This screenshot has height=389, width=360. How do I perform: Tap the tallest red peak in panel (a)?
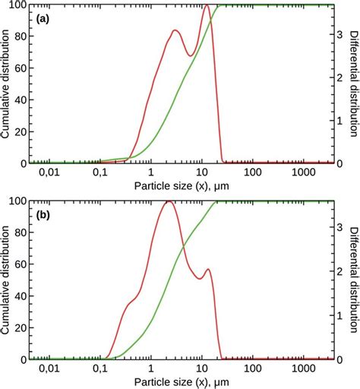[x=207, y=6]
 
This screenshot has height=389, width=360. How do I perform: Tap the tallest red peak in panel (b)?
[x=169, y=201]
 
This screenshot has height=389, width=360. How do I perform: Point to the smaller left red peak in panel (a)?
[x=175, y=30]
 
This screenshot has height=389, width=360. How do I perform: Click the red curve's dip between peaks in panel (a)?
[x=191, y=55]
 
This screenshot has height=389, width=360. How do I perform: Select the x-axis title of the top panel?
[x=180, y=185]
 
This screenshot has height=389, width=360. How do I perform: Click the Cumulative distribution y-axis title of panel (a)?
[x=7, y=84]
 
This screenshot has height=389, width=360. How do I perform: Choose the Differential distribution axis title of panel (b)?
[x=353, y=280]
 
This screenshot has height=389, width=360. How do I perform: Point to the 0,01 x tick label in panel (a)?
[x=49, y=173]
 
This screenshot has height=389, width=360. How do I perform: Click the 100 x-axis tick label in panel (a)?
[x=252, y=173]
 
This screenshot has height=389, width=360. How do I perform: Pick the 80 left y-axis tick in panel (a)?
[x=19, y=36]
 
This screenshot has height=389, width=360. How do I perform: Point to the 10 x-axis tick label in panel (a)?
[x=201, y=173]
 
